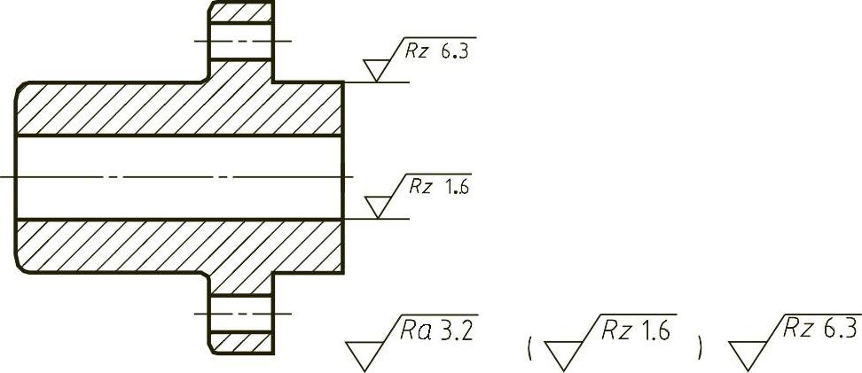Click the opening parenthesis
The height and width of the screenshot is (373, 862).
(x=529, y=348)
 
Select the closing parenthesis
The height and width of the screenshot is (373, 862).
(x=700, y=348)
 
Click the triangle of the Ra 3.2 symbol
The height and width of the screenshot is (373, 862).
(x=365, y=354)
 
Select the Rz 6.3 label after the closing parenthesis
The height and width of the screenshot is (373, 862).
(x=821, y=330)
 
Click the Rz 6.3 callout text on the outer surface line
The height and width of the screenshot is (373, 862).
(x=435, y=51)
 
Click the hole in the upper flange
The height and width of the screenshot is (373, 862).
(x=239, y=41)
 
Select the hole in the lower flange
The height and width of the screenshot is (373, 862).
(x=239, y=314)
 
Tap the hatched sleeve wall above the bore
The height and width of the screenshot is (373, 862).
(x=177, y=108)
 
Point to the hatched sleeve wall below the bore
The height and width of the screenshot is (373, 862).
(x=177, y=244)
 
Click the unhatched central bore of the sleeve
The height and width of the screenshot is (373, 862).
(x=177, y=176)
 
